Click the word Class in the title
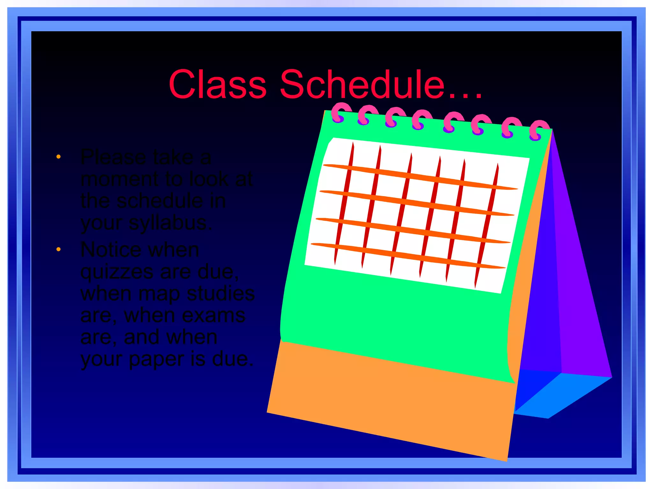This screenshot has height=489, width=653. [x=217, y=85]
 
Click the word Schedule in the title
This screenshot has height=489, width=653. [x=362, y=85]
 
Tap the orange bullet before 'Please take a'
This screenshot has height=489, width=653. [x=58, y=157]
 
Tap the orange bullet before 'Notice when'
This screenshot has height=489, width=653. [x=58, y=249]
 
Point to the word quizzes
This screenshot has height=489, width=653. [x=117, y=273]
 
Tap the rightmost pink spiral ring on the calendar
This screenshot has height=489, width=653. [x=539, y=130]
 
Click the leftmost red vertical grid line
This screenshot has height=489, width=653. [x=344, y=204]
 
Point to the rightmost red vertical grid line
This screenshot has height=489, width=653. [x=487, y=226]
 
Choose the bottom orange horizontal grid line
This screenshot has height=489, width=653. [x=408, y=256]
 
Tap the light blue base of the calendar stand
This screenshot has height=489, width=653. [x=561, y=395]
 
